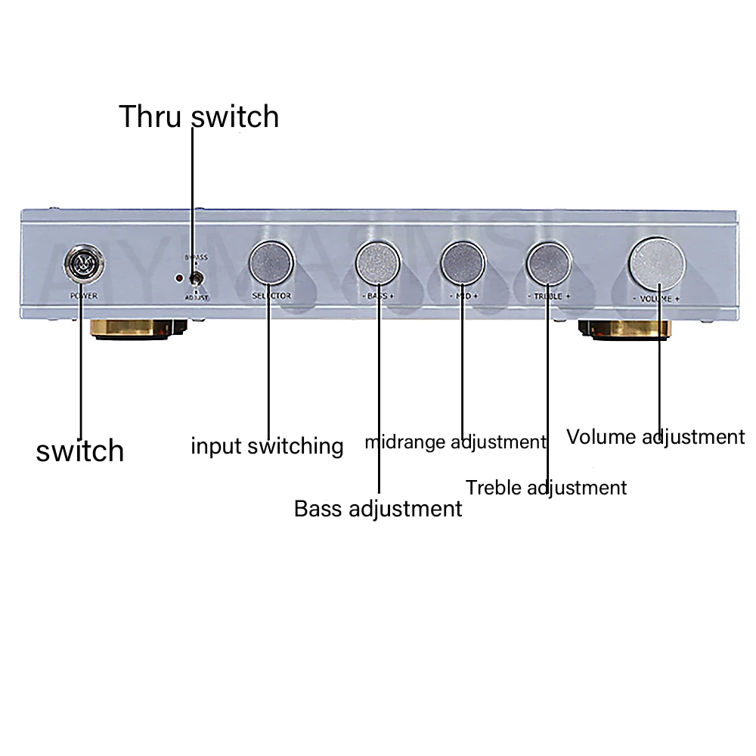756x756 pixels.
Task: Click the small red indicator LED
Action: tap(178, 277)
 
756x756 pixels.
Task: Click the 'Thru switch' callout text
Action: tap(199, 117)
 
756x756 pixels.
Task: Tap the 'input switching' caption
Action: tap(267, 446)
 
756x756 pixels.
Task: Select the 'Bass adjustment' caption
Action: tap(378, 508)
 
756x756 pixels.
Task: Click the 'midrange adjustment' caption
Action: tap(455, 442)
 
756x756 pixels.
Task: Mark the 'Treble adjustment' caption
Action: tap(547, 488)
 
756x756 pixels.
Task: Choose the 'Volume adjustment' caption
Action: tap(655, 437)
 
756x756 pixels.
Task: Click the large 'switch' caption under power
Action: tap(80, 451)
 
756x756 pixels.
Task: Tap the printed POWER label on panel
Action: tap(83, 296)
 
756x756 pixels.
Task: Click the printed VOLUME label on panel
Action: tap(655, 299)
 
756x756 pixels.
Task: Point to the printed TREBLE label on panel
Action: tap(548, 296)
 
